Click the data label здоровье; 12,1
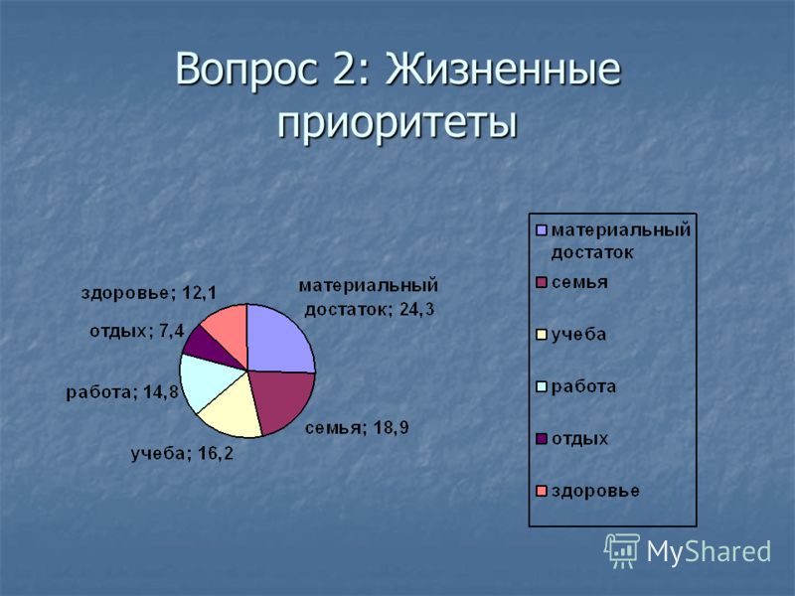click(149, 293)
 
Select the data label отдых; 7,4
click(137, 332)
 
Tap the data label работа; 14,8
click(122, 392)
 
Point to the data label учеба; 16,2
click(183, 454)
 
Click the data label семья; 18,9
click(357, 428)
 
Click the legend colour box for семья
click(542, 283)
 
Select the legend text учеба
click(578, 335)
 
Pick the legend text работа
click(583, 386)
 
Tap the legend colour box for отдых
click(542, 439)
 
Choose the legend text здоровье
click(595, 491)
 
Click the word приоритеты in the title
click(397, 122)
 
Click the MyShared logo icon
click(621, 550)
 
